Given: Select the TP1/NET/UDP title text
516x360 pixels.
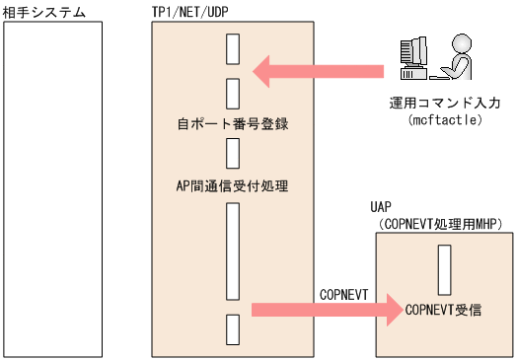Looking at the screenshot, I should pyautogui.click(x=195, y=12).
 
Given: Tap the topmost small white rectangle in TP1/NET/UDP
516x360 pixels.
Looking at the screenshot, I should pyautogui.click(x=233, y=47).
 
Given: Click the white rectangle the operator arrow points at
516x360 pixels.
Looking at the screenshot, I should pyautogui.click(x=233, y=94).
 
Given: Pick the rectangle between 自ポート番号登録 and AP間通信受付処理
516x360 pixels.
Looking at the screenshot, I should pyautogui.click(x=233, y=153).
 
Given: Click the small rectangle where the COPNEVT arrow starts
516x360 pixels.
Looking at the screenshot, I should pyautogui.click(x=233, y=328).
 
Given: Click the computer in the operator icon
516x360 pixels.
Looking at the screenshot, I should pyautogui.click(x=411, y=59).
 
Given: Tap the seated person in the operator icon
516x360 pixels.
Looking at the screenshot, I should pyautogui.click(x=456, y=57).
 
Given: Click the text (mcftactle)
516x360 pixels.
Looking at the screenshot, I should pyautogui.click(x=444, y=119).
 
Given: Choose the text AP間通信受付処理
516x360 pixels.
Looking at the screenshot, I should pyautogui.click(x=233, y=184).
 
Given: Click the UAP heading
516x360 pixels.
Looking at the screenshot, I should pyautogui.click(x=381, y=208).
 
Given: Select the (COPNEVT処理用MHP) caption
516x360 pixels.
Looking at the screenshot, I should pyautogui.click(x=441, y=225).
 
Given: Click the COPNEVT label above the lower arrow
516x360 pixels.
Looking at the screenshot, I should pyautogui.click(x=343, y=295).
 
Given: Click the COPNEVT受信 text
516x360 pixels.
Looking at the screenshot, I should pyautogui.click(x=444, y=310).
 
